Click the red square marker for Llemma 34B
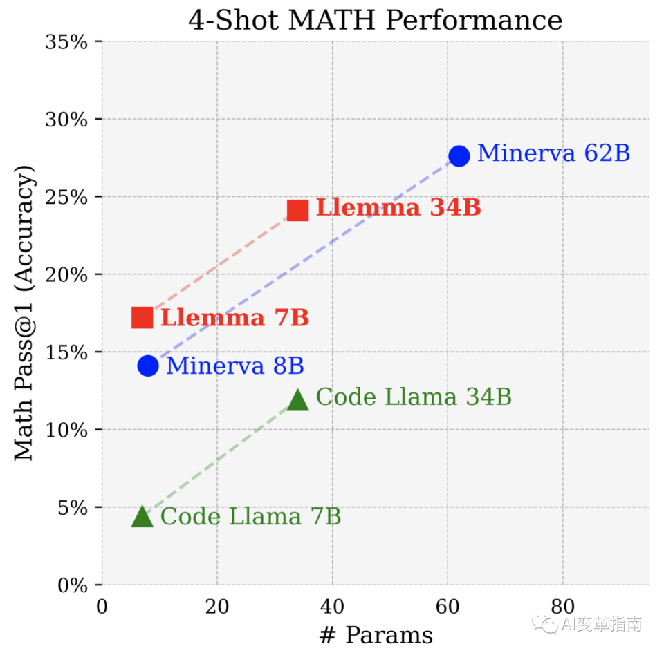click(297, 210)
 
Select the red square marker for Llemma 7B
click(142, 318)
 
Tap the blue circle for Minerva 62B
click(459, 155)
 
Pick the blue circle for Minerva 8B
click(148, 366)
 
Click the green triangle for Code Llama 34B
click(297, 399)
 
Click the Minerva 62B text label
click(553, 153)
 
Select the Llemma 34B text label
click(398, 208)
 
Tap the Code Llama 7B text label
click(250, 517)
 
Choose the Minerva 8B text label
click(235, 366)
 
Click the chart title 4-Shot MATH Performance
click(375, 20)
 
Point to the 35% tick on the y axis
click(66, 42)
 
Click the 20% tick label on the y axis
click(66, 275)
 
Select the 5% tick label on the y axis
click(72, 508)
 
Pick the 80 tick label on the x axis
click(562, 607)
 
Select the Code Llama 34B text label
click(414, 397)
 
